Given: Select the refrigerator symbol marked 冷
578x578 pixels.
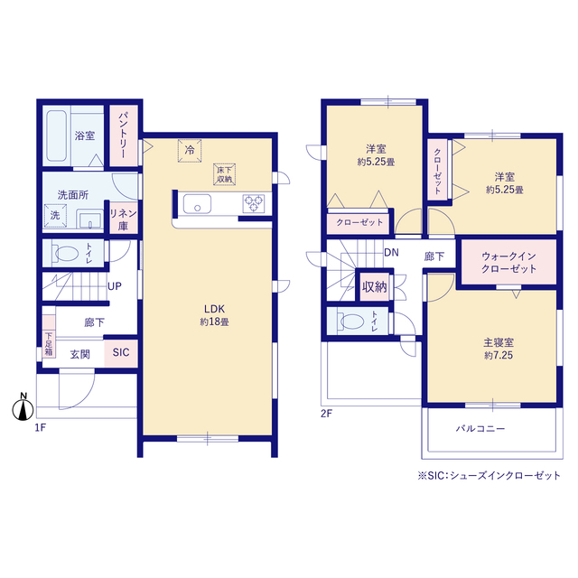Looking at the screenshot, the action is tap(190, 151).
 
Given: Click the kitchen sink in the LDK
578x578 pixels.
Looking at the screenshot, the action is tap(197, 204).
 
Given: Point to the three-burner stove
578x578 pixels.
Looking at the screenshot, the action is tap(254, 203).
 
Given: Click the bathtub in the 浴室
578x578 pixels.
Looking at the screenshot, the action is tap(56, 135).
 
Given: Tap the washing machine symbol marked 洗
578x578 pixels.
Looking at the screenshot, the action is tap(55, 215).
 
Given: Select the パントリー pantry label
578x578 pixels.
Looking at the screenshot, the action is tap(123, 135).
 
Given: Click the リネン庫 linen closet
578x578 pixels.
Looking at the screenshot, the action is tap(124, 219).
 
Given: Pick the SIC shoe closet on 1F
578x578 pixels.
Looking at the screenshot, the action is tap(121, 353).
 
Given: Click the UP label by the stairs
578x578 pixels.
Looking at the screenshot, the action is tap(115, 286).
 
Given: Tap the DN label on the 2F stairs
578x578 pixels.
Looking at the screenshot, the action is tap(391, 253).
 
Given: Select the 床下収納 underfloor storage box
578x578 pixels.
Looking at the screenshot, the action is tap(224, 174).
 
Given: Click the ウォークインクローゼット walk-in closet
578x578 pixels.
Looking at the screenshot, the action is tap(508, 262).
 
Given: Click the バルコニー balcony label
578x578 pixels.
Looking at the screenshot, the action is tap(480, 429).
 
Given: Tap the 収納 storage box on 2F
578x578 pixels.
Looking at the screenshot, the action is tap(374, 287).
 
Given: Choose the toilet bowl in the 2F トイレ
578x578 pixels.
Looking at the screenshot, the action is tap(352, 322).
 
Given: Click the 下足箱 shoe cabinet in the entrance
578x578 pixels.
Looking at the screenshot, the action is tap(49, 344).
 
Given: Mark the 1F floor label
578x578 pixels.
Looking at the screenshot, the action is tap(40, 427).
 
